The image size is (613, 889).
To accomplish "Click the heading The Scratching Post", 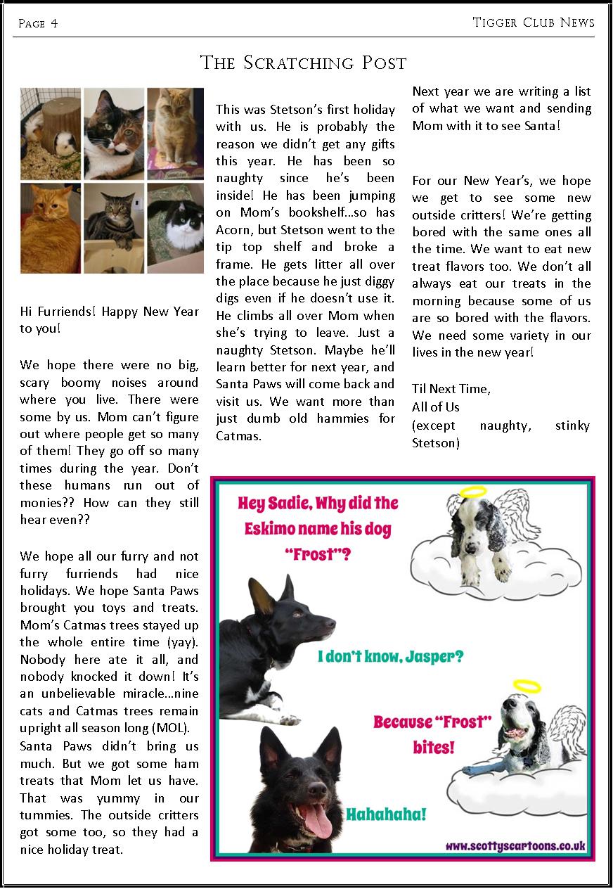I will [x=304, y=63].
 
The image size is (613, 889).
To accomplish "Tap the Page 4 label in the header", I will [x=38, y=24].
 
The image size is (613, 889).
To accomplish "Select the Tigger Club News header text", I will [x=534, y=23].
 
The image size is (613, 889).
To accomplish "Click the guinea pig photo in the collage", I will [x=51, y=134].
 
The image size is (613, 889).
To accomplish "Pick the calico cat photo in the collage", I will [x=114, y=134].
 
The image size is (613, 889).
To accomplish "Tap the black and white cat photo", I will [x=175, y=229].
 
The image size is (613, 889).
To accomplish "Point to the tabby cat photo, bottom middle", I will [x=114, y=229].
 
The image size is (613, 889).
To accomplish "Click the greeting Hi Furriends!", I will [x=59, y=312].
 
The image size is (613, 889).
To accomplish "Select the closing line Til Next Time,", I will [x=451, y=389].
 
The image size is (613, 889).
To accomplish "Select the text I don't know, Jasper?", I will [x=391, y=657].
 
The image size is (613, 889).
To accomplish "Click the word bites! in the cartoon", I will [x=433, y=746].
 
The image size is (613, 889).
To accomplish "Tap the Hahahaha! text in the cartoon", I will [x=386, y=815].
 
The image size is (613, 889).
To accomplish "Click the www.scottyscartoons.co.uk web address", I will [x=515, y=846].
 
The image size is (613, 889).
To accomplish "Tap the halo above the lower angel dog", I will [x=527, y=686].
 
